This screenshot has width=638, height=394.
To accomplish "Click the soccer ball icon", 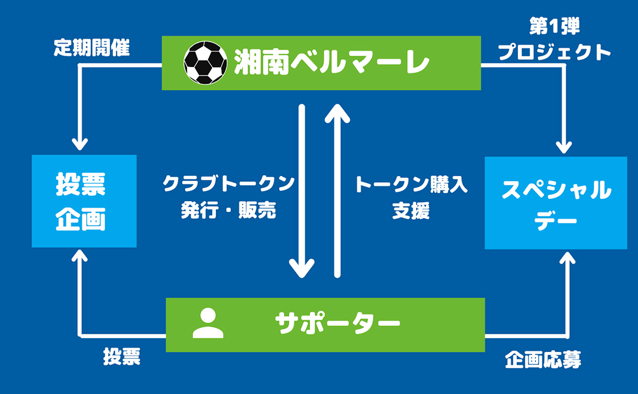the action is point(205,63).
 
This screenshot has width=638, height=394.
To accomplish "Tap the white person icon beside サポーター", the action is point(208,323).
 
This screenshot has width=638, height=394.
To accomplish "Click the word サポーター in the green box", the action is point(338,323).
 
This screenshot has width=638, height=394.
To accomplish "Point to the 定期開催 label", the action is point(91,47).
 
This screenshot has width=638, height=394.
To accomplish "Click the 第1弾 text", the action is point(554,26).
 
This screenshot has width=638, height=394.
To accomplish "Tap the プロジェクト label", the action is point(554,52).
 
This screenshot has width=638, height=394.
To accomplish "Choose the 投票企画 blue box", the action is point(84,201).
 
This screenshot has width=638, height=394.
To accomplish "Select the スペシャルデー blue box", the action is point(556,203).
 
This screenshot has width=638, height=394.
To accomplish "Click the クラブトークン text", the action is point(229,184).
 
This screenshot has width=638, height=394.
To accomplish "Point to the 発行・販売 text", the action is point(229,210).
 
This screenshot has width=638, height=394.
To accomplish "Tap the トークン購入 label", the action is point(411,184).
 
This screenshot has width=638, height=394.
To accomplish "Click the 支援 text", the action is point(411,211).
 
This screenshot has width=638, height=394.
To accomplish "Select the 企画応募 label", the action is point(543,360).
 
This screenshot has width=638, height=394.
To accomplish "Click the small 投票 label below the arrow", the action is point(122,356).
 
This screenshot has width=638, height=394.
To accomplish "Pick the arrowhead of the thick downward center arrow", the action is point(301,269).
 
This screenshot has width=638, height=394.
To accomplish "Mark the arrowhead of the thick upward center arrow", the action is point(338,114).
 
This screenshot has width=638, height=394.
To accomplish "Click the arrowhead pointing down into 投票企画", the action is point(80,144).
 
